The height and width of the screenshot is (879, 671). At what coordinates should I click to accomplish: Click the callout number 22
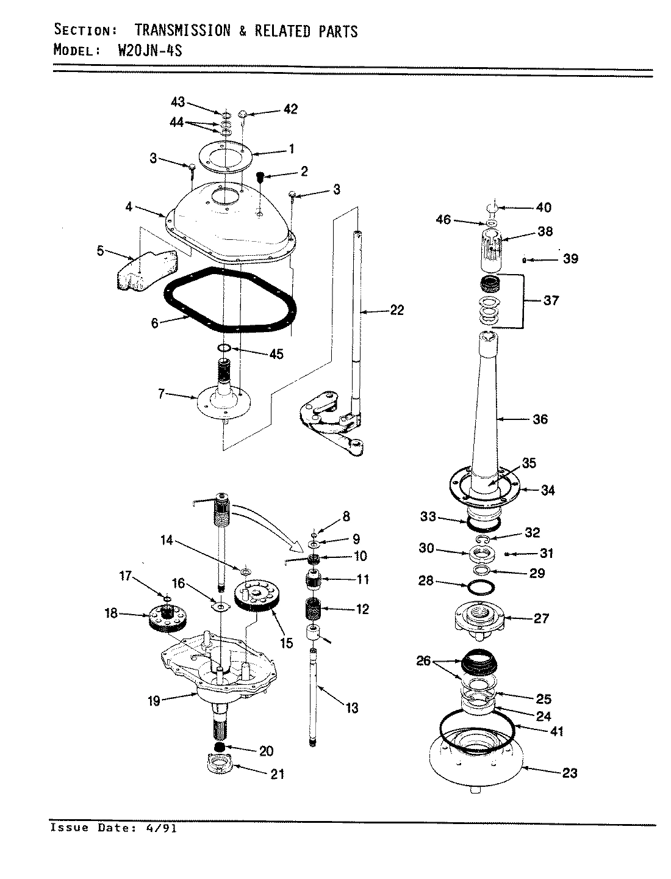coord(396,311)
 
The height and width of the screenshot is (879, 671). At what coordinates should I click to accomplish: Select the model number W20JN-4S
coord(149,50)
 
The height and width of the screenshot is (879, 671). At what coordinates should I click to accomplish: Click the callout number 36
coord(540,419)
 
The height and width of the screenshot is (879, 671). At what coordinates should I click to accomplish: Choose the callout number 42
coord(290,109)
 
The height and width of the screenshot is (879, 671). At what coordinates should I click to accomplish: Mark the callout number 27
coord(541,618)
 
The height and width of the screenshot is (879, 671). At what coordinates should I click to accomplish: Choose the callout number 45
coord(276,354)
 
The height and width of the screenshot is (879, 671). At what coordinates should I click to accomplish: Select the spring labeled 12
coord(315,609)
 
